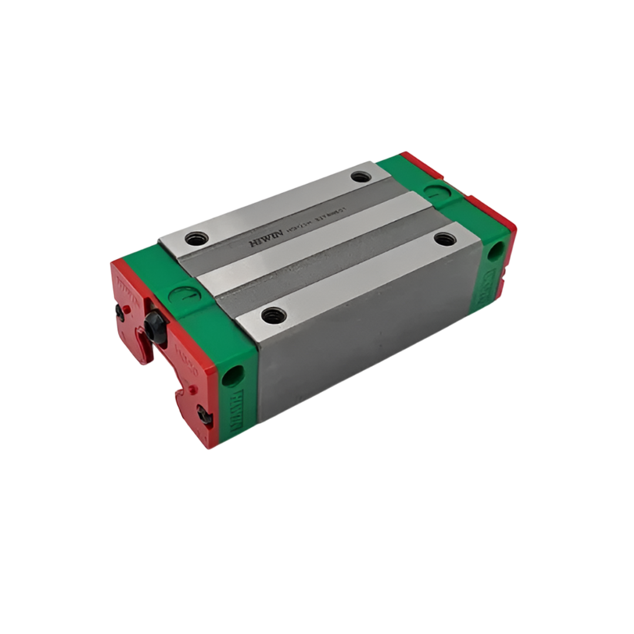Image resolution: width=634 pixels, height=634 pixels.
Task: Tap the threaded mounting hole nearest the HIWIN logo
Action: pyautogui.click(x=197, y=239)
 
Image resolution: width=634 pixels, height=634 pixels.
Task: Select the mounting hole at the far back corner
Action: pyautogui.click(x=360, y=176)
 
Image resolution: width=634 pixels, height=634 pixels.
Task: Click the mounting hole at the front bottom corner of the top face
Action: pyautogui.click(x=274, y=316)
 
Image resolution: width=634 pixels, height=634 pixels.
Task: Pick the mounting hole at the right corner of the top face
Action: pyautogui.click(x=444, y=240)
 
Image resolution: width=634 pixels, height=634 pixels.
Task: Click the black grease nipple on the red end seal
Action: pyautogui.click(x=156, y=328)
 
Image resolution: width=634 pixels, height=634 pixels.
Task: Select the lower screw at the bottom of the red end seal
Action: pyautogui.click(x=204, y=414)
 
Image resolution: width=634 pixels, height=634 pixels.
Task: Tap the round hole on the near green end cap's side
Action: pyautogui.click(x=232, y=376)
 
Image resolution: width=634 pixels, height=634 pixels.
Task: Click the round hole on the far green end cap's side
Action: pyautogui.click(x=494, y=252)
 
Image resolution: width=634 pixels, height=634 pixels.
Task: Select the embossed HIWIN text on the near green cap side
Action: pyautogui.click(x=235, y=414)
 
